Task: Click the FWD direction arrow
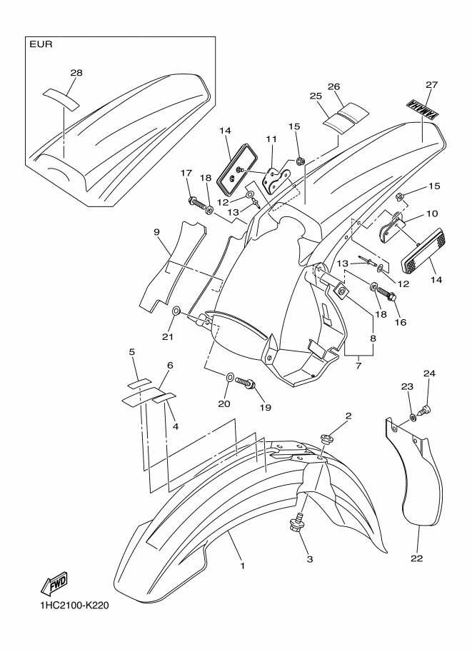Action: [x=54, y=583]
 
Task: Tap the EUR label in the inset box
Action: [x=41, y=44]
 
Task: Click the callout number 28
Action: [x=76, y=73]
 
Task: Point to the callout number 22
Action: [x=416, y=558]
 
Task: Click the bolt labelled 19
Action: [x=245, y=382]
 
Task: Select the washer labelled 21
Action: [x=176, y=311]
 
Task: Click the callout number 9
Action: [x=156, y=232]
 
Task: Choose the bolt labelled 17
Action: [x=198, y=204]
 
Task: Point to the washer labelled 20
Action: [x=229, y=377]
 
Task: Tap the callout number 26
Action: [x=333, y=86]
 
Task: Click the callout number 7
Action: [x=358, y=366]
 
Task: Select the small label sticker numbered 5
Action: [x=139, y=381]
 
